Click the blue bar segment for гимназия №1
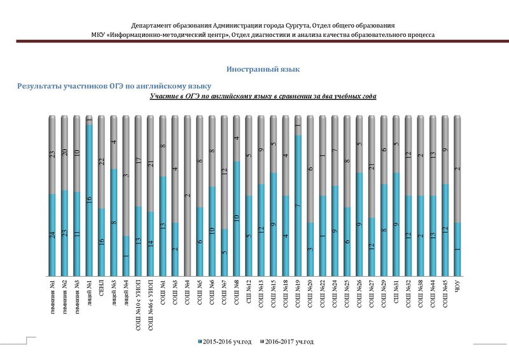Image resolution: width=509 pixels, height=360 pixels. click(x=53, y=235)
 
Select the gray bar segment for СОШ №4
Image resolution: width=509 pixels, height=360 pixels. click(x=187, y=191)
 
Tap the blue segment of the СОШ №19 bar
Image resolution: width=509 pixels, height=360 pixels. click(x=297, y=204)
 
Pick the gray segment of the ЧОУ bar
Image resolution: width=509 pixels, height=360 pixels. click(x=457, y=169)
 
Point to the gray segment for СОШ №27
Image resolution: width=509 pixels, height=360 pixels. click(x=370, y=167)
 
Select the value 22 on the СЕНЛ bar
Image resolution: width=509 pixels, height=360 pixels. click(x=102, y=162)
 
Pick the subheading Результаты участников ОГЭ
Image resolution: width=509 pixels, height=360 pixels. click(x=114, y=85)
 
